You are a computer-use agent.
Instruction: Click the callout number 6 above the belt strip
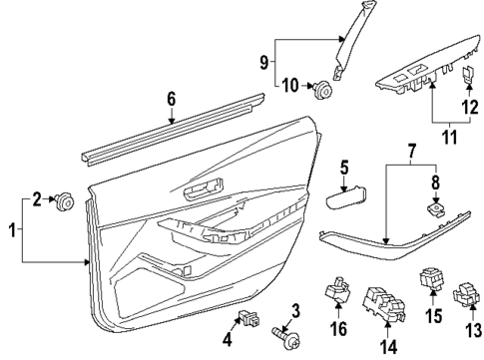171,100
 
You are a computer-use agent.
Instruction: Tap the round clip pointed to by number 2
64,201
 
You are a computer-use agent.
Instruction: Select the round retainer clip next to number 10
321,89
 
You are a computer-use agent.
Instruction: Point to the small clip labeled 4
249,318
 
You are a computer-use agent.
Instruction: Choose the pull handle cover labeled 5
345,197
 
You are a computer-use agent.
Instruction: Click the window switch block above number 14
383,304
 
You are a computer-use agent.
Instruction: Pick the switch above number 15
431,278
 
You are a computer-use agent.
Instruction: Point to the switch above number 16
337,290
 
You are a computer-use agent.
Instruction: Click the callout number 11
449,137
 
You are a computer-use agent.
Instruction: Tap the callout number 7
411,152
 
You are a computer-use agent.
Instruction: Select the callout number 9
263,62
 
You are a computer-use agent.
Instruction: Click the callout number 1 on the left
12,230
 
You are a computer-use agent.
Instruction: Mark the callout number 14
388,347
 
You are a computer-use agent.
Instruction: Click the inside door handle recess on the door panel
204,189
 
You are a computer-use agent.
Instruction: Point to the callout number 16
338,328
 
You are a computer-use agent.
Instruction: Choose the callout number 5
344,168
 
